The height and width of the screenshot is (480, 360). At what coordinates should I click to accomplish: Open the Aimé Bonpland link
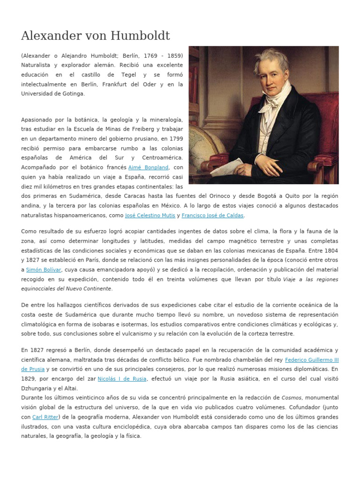pos(149,167)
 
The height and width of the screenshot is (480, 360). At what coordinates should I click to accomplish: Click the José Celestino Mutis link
pos(150,215)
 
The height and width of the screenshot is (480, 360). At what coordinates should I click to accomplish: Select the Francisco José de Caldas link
pos(213,215)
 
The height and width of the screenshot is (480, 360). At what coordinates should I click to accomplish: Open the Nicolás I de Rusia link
pos(122,379)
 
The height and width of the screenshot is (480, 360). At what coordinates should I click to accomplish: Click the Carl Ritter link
pos(45,417)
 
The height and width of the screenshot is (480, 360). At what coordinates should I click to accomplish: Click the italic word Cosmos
pos(291,397)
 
